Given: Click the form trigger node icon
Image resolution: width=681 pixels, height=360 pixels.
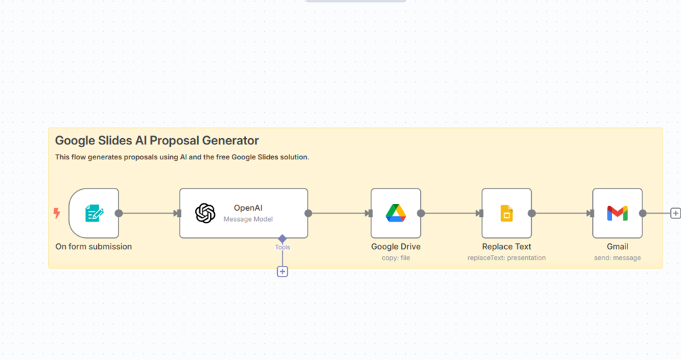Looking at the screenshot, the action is click(x=94, y=213).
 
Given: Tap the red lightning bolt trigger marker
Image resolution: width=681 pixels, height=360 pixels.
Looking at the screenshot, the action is click(x=57, y=213).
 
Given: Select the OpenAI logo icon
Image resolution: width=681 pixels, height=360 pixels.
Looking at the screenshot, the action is click(x=205, y=214).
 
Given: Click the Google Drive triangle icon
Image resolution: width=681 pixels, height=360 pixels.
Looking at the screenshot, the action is click(x=396, y=213).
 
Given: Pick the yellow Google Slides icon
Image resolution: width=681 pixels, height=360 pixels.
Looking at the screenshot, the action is click(x=506, y=213).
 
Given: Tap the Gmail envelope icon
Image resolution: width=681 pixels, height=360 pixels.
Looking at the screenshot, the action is click(x=617, y=214).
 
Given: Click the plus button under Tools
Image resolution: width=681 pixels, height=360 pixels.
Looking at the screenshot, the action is click(x=283, y=272).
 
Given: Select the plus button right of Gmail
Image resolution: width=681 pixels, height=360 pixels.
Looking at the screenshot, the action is click(x=676, y=213).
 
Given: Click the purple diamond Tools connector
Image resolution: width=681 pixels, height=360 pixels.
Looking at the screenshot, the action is click(x=283, y=238).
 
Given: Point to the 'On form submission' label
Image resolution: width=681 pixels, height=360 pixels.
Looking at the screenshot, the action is click(x=94, y=247).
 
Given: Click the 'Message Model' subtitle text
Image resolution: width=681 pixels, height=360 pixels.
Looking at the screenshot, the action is click(x=248, y=219).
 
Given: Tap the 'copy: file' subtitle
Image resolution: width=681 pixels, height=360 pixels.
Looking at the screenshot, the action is click(x=396, y=258).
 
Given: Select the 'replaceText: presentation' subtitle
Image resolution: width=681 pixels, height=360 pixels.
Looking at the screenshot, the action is click(x=506, y=258).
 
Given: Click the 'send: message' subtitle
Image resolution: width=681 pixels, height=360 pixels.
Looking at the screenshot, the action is click(x=617, y=258).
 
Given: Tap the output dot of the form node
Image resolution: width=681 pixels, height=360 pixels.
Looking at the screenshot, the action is click(x=119, y=213).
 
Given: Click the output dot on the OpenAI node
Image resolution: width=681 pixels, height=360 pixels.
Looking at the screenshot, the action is click(x=308, y=213).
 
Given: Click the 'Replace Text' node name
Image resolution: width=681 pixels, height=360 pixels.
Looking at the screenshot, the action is click(x=506, y=247).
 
